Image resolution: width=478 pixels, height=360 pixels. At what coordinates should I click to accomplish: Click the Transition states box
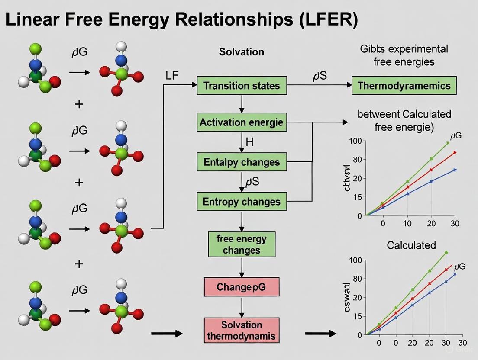(242, 86)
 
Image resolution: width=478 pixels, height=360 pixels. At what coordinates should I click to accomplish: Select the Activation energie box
(242, 122)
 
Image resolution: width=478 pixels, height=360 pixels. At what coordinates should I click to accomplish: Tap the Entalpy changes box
(242, 162)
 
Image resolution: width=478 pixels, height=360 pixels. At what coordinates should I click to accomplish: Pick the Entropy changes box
(242, 202)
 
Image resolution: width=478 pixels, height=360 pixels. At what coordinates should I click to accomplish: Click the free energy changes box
(242, 244)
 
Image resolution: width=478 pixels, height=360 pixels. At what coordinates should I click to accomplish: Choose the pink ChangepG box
(242, 287)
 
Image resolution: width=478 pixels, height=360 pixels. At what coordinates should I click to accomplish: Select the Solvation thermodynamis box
(242, 330)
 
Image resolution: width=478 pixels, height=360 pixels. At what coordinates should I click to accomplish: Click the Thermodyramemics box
(404, 86)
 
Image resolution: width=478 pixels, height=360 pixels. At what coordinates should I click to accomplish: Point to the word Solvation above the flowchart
(242, 52)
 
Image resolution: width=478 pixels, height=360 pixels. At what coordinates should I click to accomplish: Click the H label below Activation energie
(249, 141)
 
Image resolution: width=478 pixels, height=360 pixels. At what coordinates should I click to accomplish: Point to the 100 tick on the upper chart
(355, 141)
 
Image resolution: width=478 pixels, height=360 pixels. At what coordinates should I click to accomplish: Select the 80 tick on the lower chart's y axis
(356, 279)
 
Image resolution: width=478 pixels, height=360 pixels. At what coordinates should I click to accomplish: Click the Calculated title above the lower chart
(411, 245)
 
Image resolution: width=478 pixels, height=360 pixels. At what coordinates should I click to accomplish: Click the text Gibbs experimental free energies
(404, 55)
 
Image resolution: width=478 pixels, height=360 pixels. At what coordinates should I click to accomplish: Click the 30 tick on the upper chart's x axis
(454, 224)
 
